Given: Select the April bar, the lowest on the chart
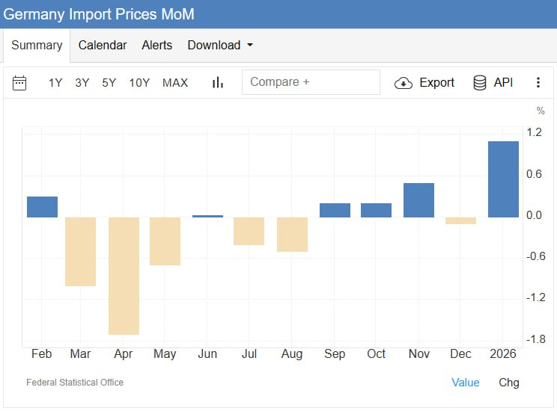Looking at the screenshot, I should [124, 276].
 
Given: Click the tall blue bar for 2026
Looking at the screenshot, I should [503, 179].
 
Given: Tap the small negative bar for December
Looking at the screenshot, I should [461, 220].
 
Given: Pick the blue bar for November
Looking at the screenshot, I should [418, 200].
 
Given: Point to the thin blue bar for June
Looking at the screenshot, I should [207, 216].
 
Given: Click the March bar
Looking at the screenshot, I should [80, 251].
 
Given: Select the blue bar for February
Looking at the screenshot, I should [42, 207].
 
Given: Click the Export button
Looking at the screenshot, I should [424, 82].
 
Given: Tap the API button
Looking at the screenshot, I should [493, 82].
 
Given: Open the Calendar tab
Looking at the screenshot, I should [103, 45].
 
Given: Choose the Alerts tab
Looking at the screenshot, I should [157, 45].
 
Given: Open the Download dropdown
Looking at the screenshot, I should [220, 45].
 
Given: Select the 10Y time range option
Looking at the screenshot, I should [139, 82].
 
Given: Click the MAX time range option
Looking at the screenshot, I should [175, 82].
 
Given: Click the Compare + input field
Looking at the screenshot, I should [311, 82].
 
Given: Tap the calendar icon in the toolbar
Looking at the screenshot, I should [19, 82].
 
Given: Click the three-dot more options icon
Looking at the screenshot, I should [538, 82].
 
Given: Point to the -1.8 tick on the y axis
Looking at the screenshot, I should [535, 339].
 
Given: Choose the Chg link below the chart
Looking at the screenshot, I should [509, 382].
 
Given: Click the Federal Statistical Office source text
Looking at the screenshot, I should [75, 382].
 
